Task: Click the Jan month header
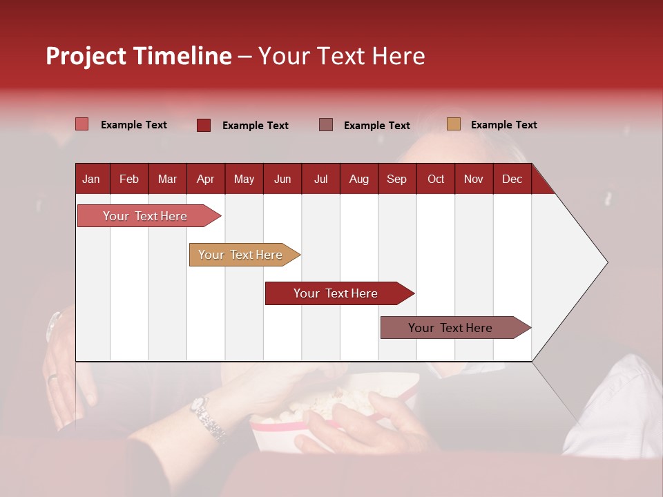pos(92,179)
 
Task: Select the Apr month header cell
pos(206,179)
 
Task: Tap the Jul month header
pos(321,179)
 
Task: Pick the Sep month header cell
pos(397,179)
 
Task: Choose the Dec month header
pos(512,179)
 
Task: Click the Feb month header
pos(129,179)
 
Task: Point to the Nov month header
pos(474,179)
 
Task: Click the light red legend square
pos(82,124)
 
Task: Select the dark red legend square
pos(204,125)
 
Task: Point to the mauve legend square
pos(326,125)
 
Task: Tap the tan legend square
pos(454,124)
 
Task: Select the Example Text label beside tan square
pos(503,125)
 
